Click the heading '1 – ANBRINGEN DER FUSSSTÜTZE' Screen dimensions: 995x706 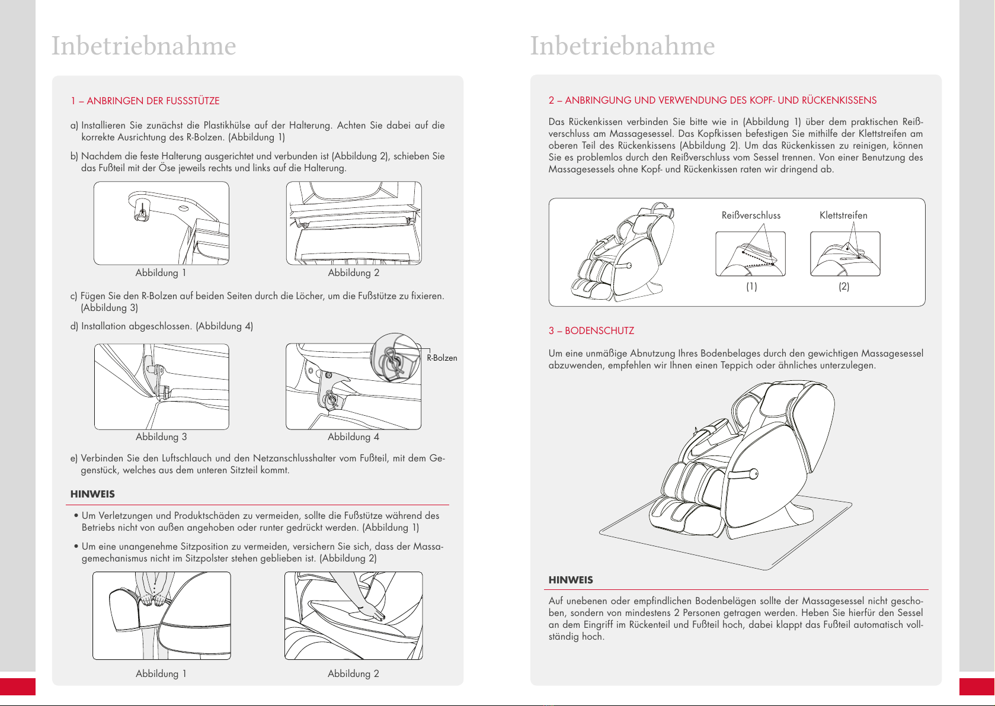[x=145, y=101]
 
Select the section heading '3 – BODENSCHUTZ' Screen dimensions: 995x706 [x=591, y=331]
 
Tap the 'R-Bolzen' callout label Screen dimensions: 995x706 [x=441, y=358]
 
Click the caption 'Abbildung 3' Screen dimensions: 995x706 [x=161, y=437]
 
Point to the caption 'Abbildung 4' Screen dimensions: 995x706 [x=353, y=437]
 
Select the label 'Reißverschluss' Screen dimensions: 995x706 [x=751, y=216]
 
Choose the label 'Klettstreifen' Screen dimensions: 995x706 [x=843, y=216]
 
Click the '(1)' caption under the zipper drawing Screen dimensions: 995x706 [x=751, y=287]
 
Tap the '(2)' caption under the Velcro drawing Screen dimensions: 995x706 [x=844, y=287]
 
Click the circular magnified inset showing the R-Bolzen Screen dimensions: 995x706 [x=395, y=358]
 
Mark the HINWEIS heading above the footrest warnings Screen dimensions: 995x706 [x=92, y=494]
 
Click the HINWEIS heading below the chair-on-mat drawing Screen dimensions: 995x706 [x=570, y=580]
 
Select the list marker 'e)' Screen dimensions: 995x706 [x=73, y=458]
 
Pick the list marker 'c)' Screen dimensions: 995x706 [x=73, y=296]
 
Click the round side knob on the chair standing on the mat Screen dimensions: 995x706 [x=754, y=474]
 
